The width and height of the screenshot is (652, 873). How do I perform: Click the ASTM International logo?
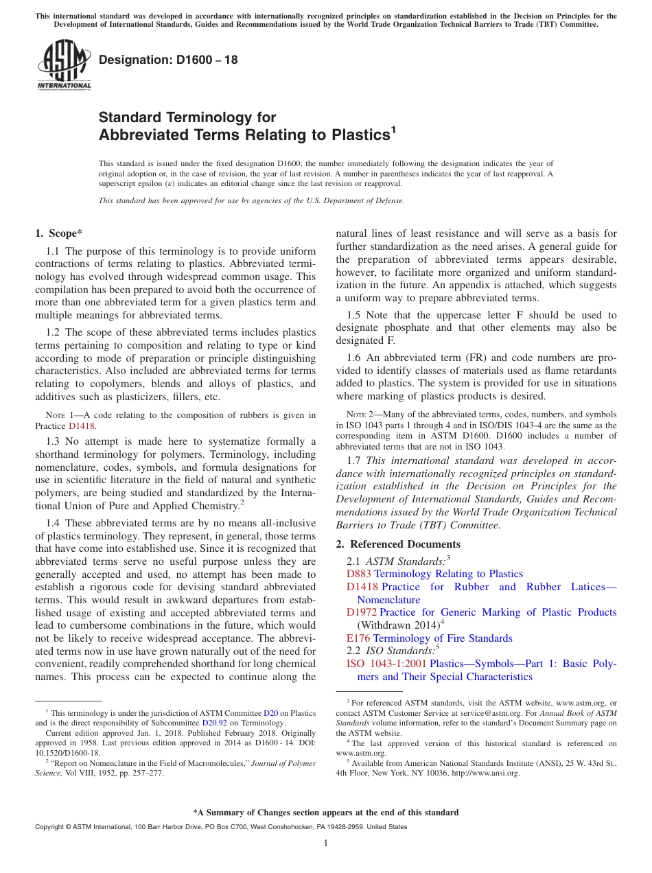(64, 65)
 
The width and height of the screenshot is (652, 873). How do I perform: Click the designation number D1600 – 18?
(168, 60)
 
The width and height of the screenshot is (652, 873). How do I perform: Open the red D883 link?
(359, 574)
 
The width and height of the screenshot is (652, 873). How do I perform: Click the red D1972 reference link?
(362, 612)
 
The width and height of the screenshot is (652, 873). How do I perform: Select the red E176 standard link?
(358, 638)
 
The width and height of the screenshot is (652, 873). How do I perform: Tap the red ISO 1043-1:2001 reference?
(386, 664)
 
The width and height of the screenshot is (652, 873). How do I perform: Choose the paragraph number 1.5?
(354, 315)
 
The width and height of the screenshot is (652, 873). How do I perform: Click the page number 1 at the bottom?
(326, 843)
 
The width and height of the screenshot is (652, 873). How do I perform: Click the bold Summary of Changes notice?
(326, 813)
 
